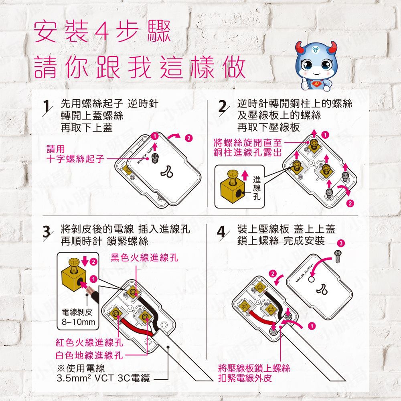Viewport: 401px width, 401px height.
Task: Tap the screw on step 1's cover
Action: tap(154, 158)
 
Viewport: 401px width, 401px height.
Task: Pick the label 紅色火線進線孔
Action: tap(89, 343)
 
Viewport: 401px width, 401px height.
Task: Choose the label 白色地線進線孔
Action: tap(89, 355)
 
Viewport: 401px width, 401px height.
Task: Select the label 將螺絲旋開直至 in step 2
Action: tap(248, 143)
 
